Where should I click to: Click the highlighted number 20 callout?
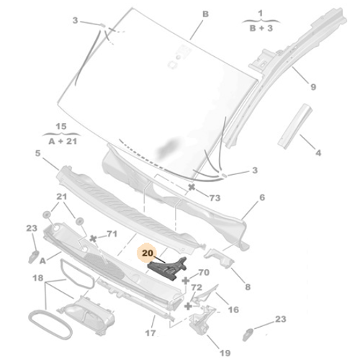(148, 253)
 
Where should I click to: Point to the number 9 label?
(313, 88)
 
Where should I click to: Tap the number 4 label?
(318, 153)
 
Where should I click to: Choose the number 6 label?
(261, 197)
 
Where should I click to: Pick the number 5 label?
(37, 153)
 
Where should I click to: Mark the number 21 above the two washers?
(62, 197)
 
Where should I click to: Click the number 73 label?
(215, 197)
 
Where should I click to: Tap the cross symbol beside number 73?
(192, 187)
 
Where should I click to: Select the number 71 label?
(112, 234)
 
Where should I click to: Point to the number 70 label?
(204, 273)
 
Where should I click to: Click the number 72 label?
(196, 287)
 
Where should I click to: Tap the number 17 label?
(150, 333)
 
